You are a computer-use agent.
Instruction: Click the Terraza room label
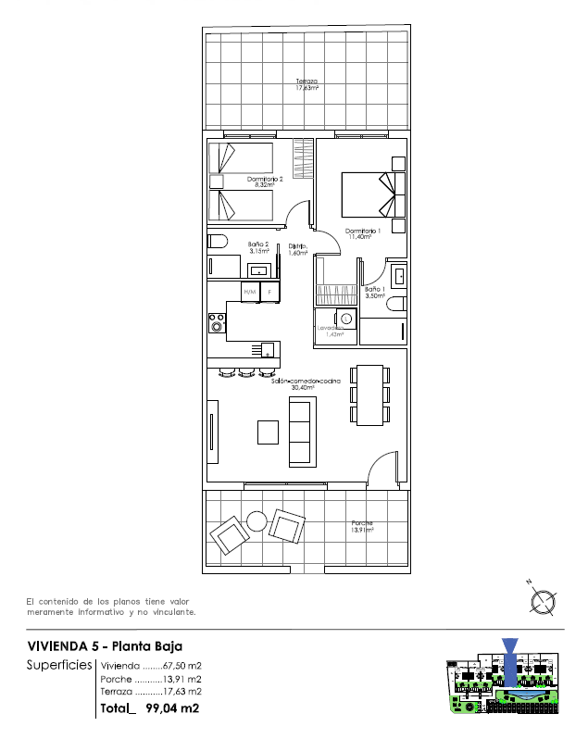point(307,84)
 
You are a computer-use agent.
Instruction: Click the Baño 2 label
point(258,247)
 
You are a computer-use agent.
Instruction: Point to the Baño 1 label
point(375,292)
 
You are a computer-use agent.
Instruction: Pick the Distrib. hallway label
point(297,249)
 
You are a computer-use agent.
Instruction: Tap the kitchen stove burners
point(218,322)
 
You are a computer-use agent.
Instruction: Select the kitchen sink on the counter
point(268,350)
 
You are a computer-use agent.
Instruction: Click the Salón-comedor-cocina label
point(307,384)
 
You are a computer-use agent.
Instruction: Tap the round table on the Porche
point(257,520)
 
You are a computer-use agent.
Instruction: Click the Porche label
point(361,527)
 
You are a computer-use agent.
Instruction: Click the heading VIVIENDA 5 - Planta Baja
point(105,645)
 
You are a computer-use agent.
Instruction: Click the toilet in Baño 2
point(218,243)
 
